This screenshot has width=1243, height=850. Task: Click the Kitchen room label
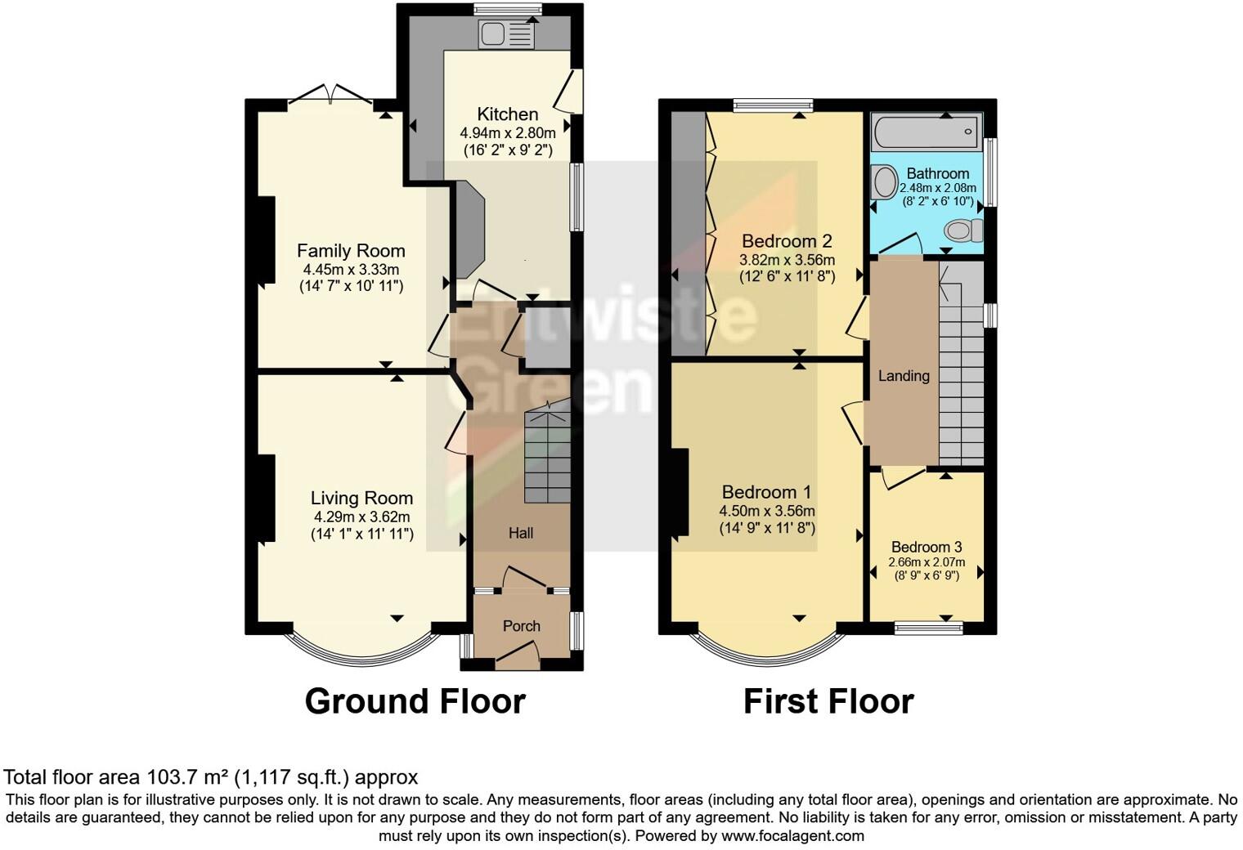[x=507, y=114]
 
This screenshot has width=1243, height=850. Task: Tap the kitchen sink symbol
[x=506, y=34]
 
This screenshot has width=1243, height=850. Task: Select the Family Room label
[x=350, y=251]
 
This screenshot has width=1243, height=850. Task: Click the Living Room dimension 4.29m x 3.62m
[x=361, y=517]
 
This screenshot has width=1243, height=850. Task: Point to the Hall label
[x=521, y=533]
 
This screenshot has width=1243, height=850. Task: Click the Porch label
[x=521, y=626]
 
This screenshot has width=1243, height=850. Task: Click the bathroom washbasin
[x=883, y=181]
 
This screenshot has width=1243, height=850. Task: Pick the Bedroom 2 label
[x=786, y=241]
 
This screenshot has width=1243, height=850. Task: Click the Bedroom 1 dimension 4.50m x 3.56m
[x=766, y=511]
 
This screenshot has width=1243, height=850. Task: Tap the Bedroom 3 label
[x=926, y=547]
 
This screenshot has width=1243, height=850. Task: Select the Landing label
[x=904, y=376]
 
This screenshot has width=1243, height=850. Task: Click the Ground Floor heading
[x=415, y=701]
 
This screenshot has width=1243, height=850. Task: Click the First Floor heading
[x=828, y=701]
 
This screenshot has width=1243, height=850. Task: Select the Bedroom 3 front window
[x=928, y=628]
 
